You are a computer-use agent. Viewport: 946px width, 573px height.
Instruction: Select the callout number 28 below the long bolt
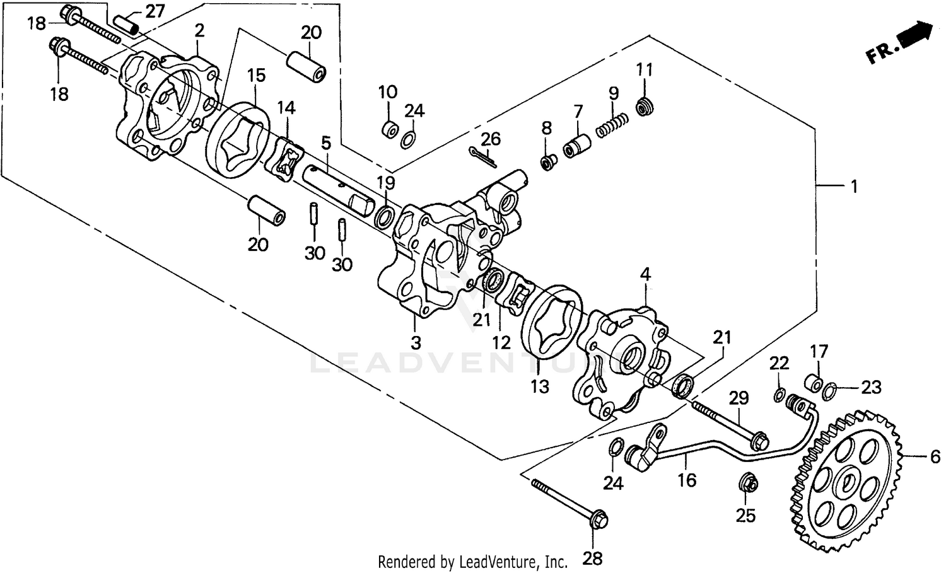593,557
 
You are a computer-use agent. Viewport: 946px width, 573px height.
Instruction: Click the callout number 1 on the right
854,187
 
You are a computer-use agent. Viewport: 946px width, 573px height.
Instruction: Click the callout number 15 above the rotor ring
256,76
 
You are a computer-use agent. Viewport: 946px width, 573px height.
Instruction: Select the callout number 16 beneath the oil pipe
687,480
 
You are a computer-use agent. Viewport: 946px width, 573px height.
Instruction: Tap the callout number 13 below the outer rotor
540,386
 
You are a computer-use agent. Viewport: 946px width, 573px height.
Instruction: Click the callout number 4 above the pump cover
645,274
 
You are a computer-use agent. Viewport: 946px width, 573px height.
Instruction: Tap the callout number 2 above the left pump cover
199,30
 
